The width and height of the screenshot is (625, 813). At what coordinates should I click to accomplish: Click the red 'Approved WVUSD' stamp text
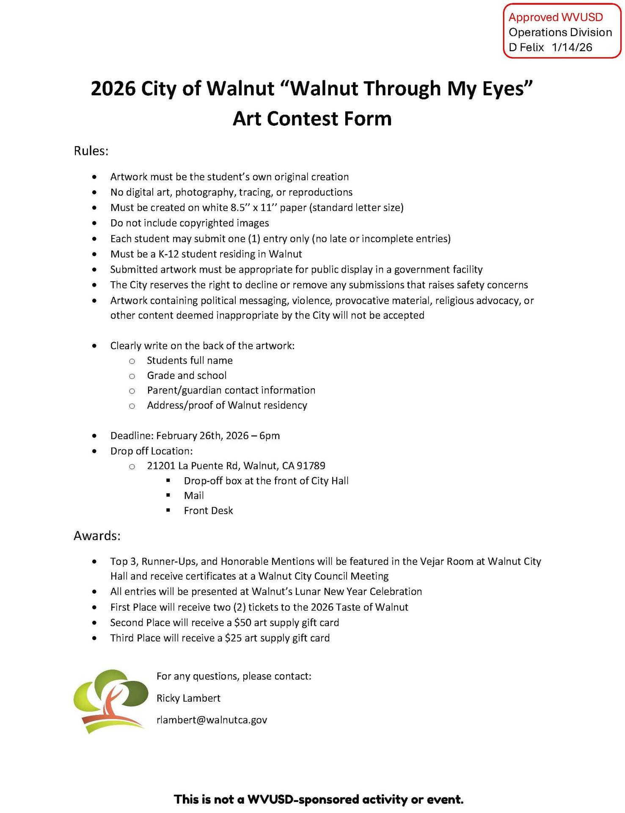pos(556,17)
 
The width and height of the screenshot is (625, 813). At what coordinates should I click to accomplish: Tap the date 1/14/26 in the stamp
pos(572,47)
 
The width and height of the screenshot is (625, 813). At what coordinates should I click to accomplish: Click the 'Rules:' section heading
pos(91,151)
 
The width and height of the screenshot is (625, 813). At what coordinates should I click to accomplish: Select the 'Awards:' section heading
pos(97,536)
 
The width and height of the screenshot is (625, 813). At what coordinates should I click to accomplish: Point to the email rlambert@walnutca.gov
pos(212,720)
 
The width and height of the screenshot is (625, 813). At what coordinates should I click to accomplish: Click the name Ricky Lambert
pos(188,698)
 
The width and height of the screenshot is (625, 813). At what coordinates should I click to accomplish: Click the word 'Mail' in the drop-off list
pos(194,495)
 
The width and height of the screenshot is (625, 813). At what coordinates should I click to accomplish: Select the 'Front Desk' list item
pos(208,511)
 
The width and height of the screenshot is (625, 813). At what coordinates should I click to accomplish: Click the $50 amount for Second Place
pos(242,622)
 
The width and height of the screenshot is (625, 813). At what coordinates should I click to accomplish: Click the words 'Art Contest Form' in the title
pos(312,119)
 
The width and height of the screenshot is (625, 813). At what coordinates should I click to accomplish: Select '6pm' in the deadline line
pos(270,436)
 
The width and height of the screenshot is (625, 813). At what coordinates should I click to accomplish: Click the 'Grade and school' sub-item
pos(187,376)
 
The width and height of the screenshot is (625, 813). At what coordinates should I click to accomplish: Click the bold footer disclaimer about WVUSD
pos(319,799)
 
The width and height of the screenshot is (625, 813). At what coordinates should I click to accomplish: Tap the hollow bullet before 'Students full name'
pos(132,361)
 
